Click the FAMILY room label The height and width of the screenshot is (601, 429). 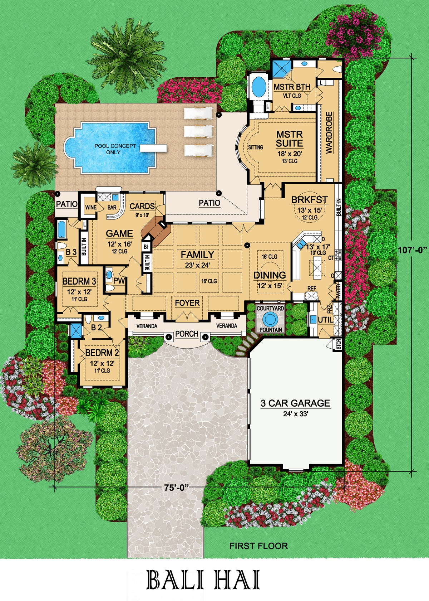point(197,255)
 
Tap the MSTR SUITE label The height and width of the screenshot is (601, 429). point(290,139)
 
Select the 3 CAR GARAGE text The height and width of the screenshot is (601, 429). point(295,403)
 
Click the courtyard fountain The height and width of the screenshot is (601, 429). point(271,318)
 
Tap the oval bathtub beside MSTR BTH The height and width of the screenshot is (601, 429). point(258,86)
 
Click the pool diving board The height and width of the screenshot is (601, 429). point(153,148)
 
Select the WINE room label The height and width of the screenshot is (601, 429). point(91,208)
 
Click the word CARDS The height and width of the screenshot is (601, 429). point(142,206)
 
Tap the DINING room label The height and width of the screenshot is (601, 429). point(270,275)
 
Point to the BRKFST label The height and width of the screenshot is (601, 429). point(309,200)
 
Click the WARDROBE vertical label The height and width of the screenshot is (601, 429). point(329,133)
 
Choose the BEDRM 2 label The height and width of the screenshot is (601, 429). point(102,353)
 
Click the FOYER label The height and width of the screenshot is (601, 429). point(187,303)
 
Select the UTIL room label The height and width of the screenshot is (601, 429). point(325,320)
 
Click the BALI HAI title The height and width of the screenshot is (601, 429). point(203,581)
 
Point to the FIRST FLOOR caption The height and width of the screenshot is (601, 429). point(258,546)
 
